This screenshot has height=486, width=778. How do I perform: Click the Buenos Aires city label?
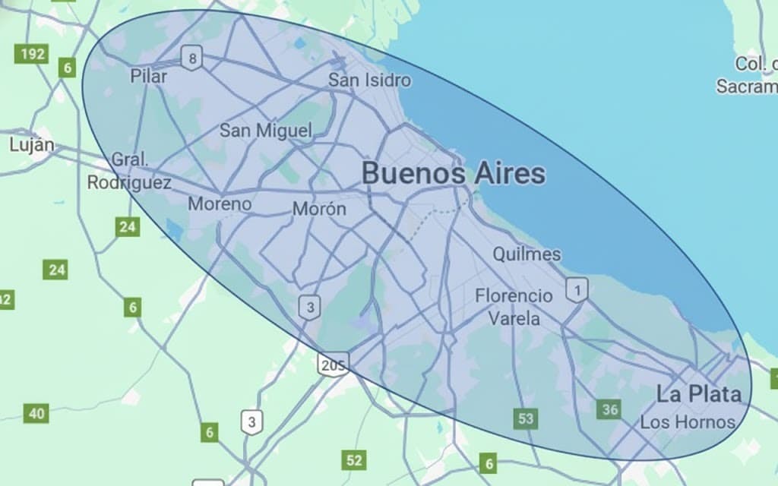pos(453,174)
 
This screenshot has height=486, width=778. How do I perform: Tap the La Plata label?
pos(698,394)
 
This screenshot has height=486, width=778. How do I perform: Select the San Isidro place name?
pos(369,80)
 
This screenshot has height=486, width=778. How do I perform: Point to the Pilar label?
pos(148,76)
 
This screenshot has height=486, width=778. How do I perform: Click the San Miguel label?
pos(265,131)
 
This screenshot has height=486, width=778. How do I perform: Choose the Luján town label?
pos(32,144)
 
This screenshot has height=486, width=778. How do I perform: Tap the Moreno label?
pos(220,204)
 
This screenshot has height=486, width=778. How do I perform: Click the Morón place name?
pos(319,209)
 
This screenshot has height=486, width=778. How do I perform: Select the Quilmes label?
pos(527,254)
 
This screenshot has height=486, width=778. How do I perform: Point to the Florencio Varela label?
pos(514,306)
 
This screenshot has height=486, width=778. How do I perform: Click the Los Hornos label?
pos(688,422)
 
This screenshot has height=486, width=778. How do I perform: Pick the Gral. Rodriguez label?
pos(129,172)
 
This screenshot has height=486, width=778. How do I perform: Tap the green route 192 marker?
pos(31,54)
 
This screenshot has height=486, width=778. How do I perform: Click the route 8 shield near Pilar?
pos(192,57)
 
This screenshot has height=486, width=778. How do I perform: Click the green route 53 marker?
pos(525,418)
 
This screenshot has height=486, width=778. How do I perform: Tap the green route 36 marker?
pos(609,410)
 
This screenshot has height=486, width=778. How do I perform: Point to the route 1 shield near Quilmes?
pos(577,289)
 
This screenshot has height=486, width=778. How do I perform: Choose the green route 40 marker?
pos(36,414)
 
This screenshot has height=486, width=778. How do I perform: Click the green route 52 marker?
pos(354,459)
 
